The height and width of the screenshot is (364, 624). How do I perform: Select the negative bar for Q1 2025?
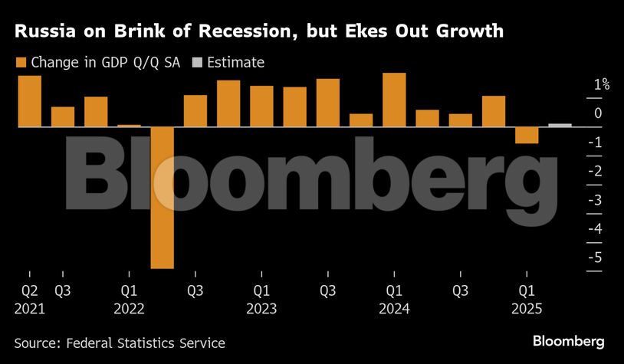click(x=527, y=135)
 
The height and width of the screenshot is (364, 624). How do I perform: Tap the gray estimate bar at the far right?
click(x=560, y=125)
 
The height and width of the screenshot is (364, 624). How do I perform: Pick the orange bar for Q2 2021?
click(x=30, y=101)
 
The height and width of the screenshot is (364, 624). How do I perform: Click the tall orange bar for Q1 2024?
click(x=394, y=100)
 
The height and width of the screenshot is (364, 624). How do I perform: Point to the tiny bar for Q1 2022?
click(x=129, y=125)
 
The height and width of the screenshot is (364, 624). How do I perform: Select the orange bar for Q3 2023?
click(x=328, y=103)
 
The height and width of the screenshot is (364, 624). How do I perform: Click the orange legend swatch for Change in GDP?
click(x=20, y=63)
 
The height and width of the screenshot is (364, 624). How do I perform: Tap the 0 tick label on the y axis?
click(x=598, y=113)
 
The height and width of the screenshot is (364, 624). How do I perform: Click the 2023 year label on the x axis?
click(x=261, y=309)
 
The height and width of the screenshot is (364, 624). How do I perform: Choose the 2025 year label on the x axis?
click(x=527, y=309)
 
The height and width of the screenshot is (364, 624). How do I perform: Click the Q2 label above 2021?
click(x=30, y=291)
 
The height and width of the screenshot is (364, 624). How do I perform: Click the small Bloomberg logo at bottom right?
click(x=568, y=341)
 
